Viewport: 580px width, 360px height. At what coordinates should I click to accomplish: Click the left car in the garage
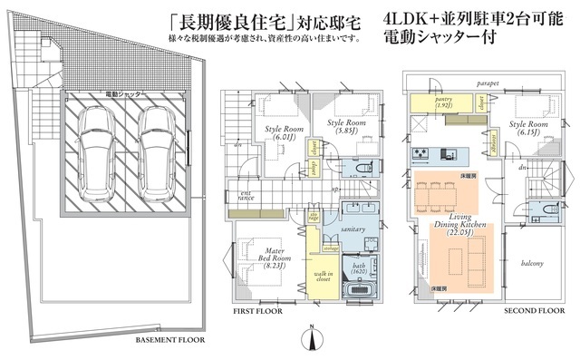98,158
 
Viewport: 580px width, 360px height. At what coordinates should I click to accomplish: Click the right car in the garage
154,158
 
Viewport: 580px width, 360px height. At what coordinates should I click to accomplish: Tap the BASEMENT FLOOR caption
170,342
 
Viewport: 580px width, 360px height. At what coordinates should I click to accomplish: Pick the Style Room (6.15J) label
527,127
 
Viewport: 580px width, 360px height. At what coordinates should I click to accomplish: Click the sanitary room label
353,230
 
